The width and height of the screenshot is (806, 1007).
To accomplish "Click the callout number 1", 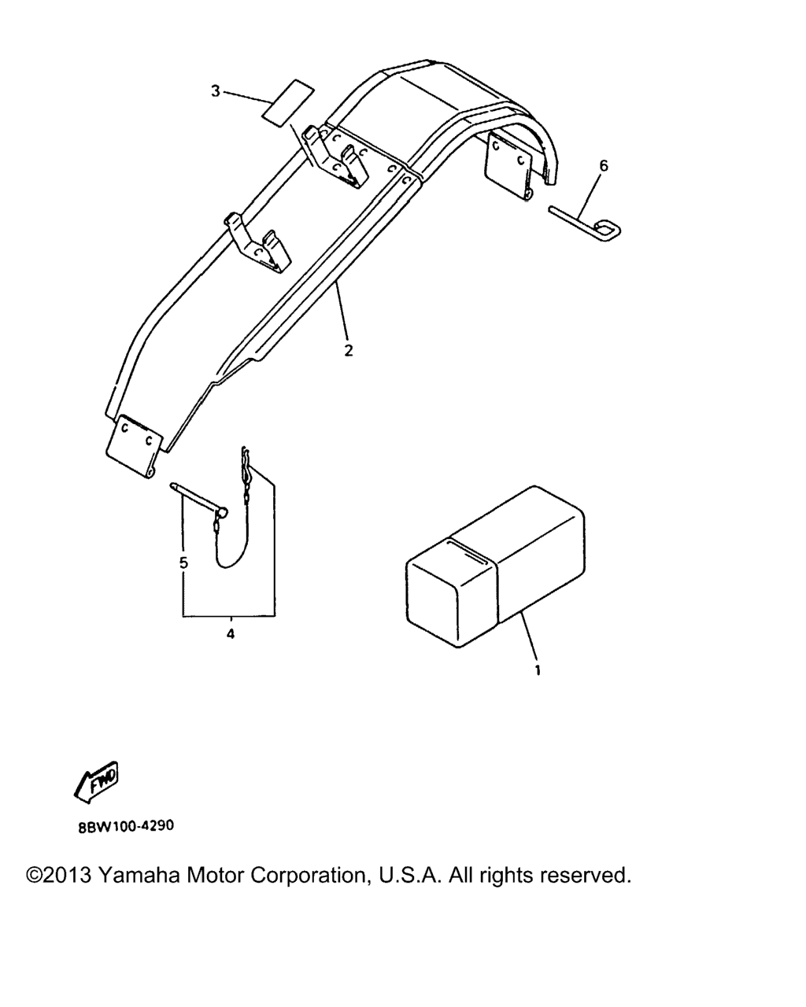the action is (538, 670).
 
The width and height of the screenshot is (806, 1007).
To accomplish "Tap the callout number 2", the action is (348, 351).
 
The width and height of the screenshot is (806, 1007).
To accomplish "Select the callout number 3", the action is (216, 91).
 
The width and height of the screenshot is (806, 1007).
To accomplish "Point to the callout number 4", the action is (231, 635).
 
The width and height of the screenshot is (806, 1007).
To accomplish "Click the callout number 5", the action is (183, 563).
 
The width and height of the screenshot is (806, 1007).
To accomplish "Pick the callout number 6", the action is (604, 166).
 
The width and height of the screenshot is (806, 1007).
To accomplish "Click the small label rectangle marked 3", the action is (287, 103).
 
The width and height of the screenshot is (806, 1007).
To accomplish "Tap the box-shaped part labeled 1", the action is (495, 566).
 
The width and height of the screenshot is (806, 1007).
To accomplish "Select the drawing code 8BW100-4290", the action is (125, 826).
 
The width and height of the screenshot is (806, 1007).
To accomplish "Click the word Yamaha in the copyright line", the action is (139, 875).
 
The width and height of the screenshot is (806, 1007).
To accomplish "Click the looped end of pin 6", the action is (608, 231).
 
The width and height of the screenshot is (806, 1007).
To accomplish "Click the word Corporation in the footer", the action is (308, 876).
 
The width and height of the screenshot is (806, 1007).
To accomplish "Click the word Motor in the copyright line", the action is (216, 876).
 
